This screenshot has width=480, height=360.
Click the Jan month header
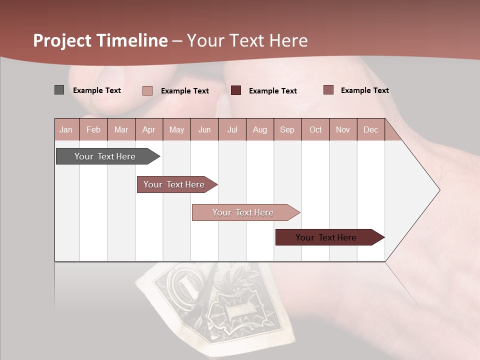coord(66,130)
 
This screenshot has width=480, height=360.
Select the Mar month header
coord(121,130)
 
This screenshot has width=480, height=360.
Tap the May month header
coord(176,130)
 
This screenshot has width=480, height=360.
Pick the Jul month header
coord(232,130)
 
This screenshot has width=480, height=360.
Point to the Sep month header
coord(287,130)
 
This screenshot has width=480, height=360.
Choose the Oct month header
coord(315,130)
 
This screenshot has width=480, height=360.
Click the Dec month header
coord(370,130)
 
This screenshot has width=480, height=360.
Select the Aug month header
coord(259,130)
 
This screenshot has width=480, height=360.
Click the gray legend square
coord(59,90)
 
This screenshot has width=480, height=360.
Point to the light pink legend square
coord(147,90)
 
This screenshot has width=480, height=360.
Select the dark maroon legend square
coord(236,90)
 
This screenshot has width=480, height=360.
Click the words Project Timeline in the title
coord(100,40)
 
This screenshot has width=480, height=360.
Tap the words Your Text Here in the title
coord(247,40)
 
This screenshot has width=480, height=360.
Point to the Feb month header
coord(93,130)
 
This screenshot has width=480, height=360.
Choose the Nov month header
coord(343,130)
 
